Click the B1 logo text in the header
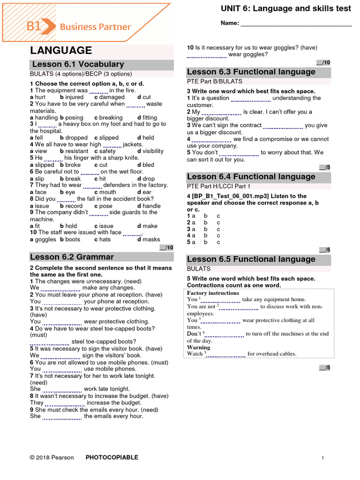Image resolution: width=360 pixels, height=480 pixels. [34, 27]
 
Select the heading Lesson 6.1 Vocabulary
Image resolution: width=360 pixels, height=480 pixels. [78, 65]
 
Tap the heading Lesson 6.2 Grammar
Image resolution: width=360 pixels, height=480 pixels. [72, 257]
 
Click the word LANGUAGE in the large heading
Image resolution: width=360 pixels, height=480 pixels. [61, 51]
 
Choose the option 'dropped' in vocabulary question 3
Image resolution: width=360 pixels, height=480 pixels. [76, 138]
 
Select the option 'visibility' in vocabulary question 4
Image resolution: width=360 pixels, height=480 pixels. [153, 151]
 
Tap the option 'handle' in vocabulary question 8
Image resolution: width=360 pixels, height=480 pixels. [151, 206]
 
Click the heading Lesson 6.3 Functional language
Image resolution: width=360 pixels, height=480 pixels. [251, 72]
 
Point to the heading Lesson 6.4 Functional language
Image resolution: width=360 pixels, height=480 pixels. [251, 177]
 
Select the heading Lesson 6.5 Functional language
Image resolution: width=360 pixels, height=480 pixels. [251, 259]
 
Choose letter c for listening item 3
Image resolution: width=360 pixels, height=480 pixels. [218, 229]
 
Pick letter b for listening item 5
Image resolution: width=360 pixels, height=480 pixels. [205, 242]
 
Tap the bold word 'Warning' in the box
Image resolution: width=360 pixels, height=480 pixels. [199, 347]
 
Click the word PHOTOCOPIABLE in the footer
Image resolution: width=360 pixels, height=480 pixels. [112, 457]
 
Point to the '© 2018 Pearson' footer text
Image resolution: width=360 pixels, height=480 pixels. [52, 457]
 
